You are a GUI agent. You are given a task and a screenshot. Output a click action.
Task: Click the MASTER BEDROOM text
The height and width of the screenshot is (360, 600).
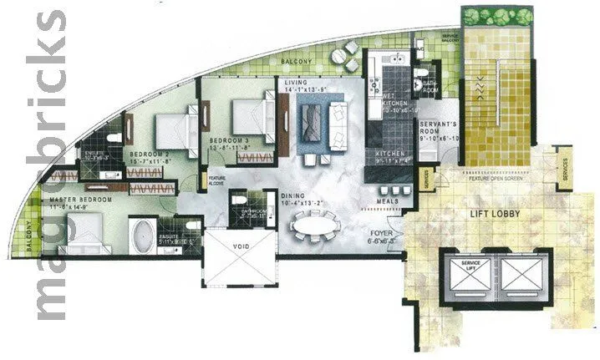(81, 201)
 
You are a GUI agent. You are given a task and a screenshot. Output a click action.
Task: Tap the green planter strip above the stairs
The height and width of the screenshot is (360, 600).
(495, 16)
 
